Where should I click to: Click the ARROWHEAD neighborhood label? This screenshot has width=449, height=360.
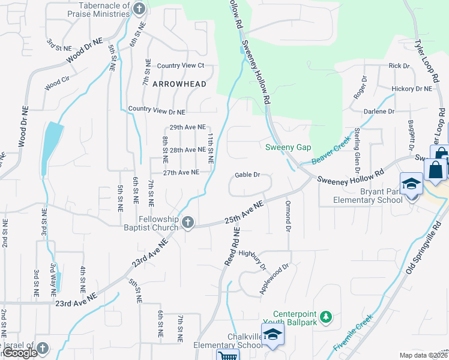[179, 84]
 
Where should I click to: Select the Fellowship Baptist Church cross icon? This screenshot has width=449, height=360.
[188, 223]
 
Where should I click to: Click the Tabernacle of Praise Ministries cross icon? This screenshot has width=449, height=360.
[139, 8]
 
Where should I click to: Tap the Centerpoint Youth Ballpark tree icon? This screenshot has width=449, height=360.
[325, 317]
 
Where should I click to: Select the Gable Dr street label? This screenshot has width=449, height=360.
[247, 175]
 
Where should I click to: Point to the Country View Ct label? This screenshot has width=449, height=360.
[181, 65]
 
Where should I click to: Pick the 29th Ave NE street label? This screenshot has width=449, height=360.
[187, 128]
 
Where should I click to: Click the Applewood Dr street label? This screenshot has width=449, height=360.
[274, 279]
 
